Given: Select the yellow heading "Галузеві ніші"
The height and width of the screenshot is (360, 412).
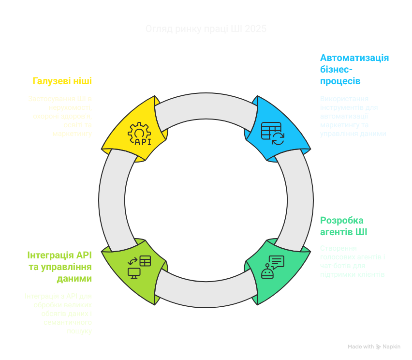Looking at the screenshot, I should pyautogui.click(x=62, y=81).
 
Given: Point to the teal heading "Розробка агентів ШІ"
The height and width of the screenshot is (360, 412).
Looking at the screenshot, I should pyautogui.click(x=343, y=226).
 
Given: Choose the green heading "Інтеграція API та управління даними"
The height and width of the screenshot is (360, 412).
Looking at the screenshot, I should pyautogui.click(x=59, y=267).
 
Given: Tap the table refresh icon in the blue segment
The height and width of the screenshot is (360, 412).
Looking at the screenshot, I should pyautogui.click(x=272, y=133).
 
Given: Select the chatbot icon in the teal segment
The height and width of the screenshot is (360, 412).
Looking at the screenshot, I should pyautogui.click(x=272, y=267).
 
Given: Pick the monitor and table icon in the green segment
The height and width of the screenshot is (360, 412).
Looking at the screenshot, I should pyautogui.click(x=139, y=267).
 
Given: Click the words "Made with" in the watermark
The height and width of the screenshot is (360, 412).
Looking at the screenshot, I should pyautogui.click(x=361, y=347).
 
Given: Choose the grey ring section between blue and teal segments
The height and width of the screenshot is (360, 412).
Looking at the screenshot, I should pyautogui.click(x=296, y=199).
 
